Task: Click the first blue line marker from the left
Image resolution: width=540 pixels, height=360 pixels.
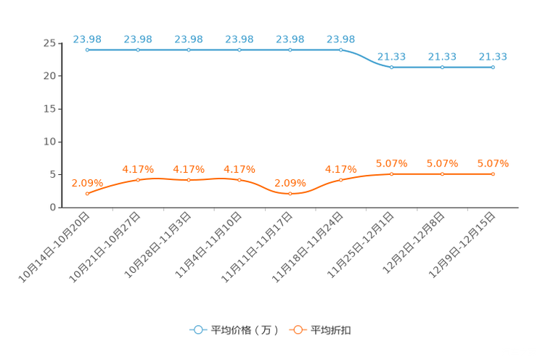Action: point(87,49)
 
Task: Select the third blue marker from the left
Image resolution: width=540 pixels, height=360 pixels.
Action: point(189,49)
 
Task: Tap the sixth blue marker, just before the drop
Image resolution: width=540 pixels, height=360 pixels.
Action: point(341,49)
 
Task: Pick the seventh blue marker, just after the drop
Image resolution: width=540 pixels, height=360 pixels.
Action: point(392,67)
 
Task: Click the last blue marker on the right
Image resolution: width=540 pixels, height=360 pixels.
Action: point(494,67)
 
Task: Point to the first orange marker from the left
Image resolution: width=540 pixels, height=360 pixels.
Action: point(87,194)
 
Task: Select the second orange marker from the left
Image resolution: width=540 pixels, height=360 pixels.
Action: point(138,179)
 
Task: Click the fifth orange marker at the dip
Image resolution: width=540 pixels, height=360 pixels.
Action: point(290,194)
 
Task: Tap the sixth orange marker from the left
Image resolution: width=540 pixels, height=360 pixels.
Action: point(341,179)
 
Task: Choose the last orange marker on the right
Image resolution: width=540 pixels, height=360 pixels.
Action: point(494,173)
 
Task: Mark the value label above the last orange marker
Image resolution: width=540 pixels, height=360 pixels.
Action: point(494,163)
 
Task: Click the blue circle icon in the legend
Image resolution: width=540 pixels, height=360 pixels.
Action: point(198,330)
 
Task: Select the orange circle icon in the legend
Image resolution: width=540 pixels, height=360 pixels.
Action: point(298,330)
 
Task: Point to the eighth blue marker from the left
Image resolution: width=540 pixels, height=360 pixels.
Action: point(443,67)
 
